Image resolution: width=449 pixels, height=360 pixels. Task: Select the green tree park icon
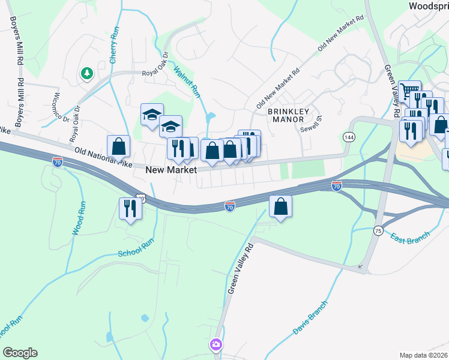pos(87,73)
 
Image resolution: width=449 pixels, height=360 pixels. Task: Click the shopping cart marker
pos(409,91)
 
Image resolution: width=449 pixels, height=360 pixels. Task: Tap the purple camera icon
pos(215,345)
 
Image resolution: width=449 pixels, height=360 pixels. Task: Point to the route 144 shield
pos(348,137)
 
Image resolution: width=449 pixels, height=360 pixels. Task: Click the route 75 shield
pos(378,231)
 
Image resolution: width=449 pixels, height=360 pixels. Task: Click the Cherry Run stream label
pos(113,46)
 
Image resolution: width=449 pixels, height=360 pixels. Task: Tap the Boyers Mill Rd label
pos(16,38)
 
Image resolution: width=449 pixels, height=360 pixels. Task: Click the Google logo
pos(20,353)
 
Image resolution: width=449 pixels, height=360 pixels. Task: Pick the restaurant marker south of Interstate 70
pos(130,208)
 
